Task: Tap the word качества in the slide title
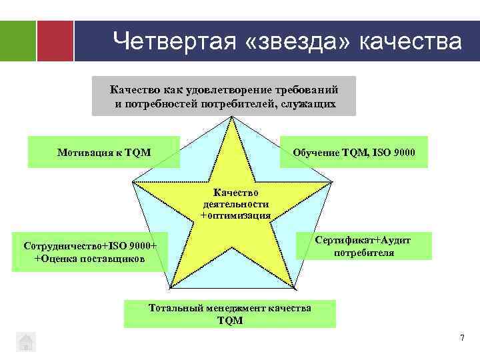(x=410, y=41)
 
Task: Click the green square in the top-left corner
(x=18, y=41)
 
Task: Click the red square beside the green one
(x=55, y=41)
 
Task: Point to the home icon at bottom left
(x=25, y=341)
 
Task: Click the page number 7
(x=461, y=339)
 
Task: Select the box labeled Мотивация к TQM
(x=104, y=153)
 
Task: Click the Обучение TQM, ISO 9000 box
(x=354, y=153)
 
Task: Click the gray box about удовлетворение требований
(x=224, y=96)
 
